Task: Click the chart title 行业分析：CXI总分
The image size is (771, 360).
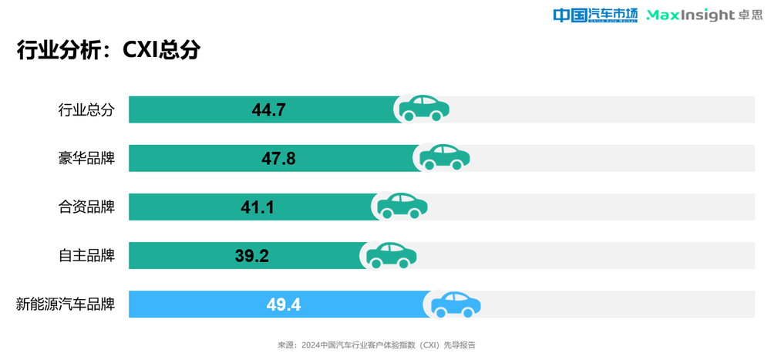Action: click(x=109, y=50)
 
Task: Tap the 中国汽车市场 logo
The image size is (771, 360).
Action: click(x=595, y=15)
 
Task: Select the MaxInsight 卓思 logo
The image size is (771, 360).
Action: click(x=704, y=15)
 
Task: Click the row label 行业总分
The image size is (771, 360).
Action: click(x=86, y=109)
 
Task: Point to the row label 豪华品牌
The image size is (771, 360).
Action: click(x=86, y=158)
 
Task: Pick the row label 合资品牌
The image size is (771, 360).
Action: click(x=86, y=207)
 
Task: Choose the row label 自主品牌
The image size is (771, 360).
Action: click(x=86, y=255)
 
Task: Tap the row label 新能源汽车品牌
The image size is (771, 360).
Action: click(x=66, y=304)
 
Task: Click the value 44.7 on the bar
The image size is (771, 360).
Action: click(x=269, y=110)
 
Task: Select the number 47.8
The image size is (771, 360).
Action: click(x=278, y=159)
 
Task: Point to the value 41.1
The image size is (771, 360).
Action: click(x=258, y=207)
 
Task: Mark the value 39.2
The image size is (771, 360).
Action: click(x=251, y=256)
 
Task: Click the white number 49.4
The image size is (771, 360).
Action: click(x=284, y=304)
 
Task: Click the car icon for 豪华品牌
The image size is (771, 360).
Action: click(x=444, y=156)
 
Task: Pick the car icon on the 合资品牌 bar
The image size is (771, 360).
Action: click(x=402, y=205)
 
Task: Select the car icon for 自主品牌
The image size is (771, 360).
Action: click(x=391, y=254)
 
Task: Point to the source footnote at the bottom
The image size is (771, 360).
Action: click(x=376, y=345)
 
